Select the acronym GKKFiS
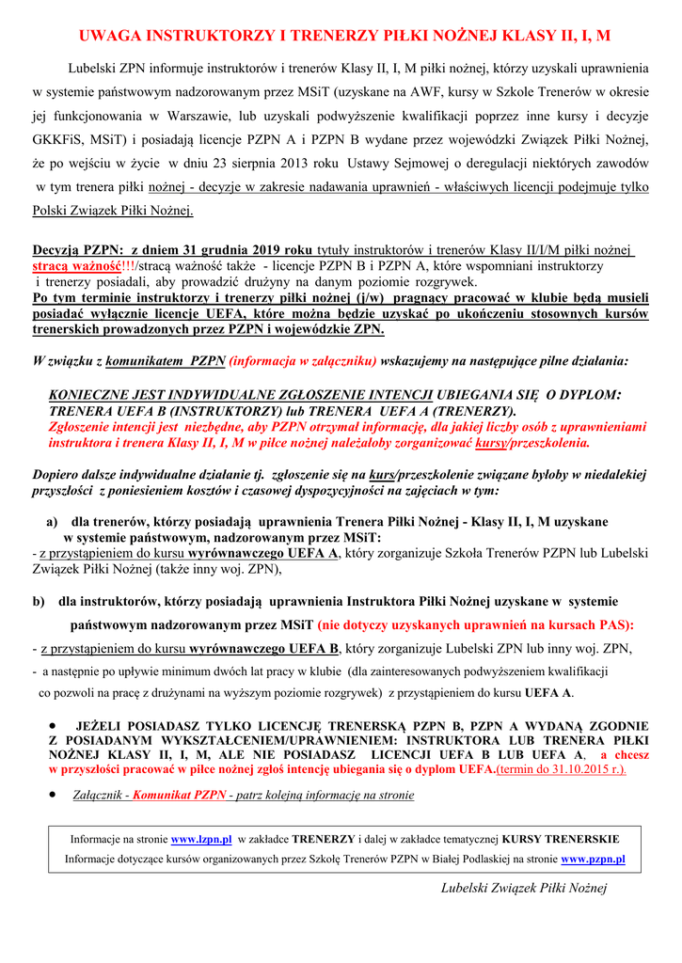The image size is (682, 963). (x=60, y=141)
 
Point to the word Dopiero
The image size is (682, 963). (x=57, y=475)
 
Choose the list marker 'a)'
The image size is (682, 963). (x=53, y=521)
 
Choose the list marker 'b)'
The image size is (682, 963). (x=39, y=601)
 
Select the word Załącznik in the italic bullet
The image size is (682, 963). (x=100, y=795)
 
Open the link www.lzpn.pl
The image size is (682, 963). (x=202, y=839)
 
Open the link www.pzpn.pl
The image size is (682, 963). (x=593, y=859)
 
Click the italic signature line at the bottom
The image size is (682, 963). (x=524, y=888)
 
